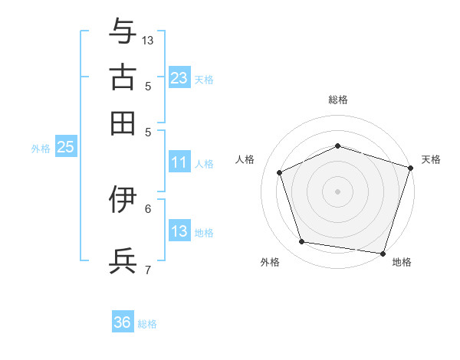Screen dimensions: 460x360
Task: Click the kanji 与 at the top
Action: [x=123, y=31]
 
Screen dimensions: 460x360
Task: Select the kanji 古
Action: [x=123, y=77]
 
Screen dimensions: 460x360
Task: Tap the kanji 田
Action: [x=123, y=123]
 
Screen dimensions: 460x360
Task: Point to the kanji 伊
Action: [x=123, y=199]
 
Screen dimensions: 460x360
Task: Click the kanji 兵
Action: [x=123, y=260]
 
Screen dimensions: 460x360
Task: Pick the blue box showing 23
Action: [x=179, y=77]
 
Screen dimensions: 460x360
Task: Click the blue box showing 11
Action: [x=179, y=162]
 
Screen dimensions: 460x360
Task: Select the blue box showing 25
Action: [x=66, y=146]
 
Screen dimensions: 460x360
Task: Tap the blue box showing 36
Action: [x=123, y=321]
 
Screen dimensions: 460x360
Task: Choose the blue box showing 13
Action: [x=179, y=230]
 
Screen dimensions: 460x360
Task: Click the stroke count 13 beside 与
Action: [x=147, y=41]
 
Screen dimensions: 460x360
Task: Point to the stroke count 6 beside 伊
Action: [x=148, y=209]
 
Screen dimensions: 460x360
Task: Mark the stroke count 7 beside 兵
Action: [x=148, y=270]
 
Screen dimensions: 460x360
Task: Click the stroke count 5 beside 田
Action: [x=148, y=133]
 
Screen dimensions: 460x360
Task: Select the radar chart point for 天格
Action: [x=411, y=168]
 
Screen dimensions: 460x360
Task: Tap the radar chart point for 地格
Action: [x=383, y=254]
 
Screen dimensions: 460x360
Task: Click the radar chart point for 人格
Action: [x=280, y=172]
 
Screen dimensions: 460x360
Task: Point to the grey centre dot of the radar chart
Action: [x=337, y=191]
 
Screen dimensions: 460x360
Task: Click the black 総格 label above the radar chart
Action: [x=338, y=100]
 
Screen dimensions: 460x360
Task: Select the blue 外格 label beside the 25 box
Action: [x=41, y=149]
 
